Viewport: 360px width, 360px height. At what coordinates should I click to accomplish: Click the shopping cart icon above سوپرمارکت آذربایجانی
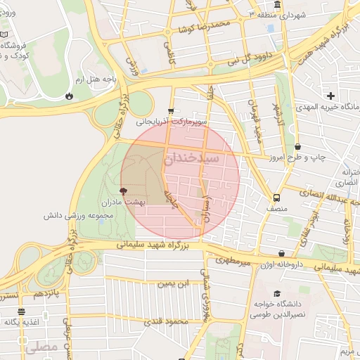(171, 111)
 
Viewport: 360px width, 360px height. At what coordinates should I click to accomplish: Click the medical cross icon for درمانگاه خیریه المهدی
(330, 95)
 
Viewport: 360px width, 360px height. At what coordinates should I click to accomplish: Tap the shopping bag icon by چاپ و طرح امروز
(299, 146)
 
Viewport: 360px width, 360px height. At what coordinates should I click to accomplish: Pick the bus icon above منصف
(276, 198)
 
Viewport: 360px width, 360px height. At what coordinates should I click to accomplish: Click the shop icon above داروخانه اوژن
(281, 254)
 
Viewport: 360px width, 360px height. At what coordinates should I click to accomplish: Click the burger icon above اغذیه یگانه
(21, 311)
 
